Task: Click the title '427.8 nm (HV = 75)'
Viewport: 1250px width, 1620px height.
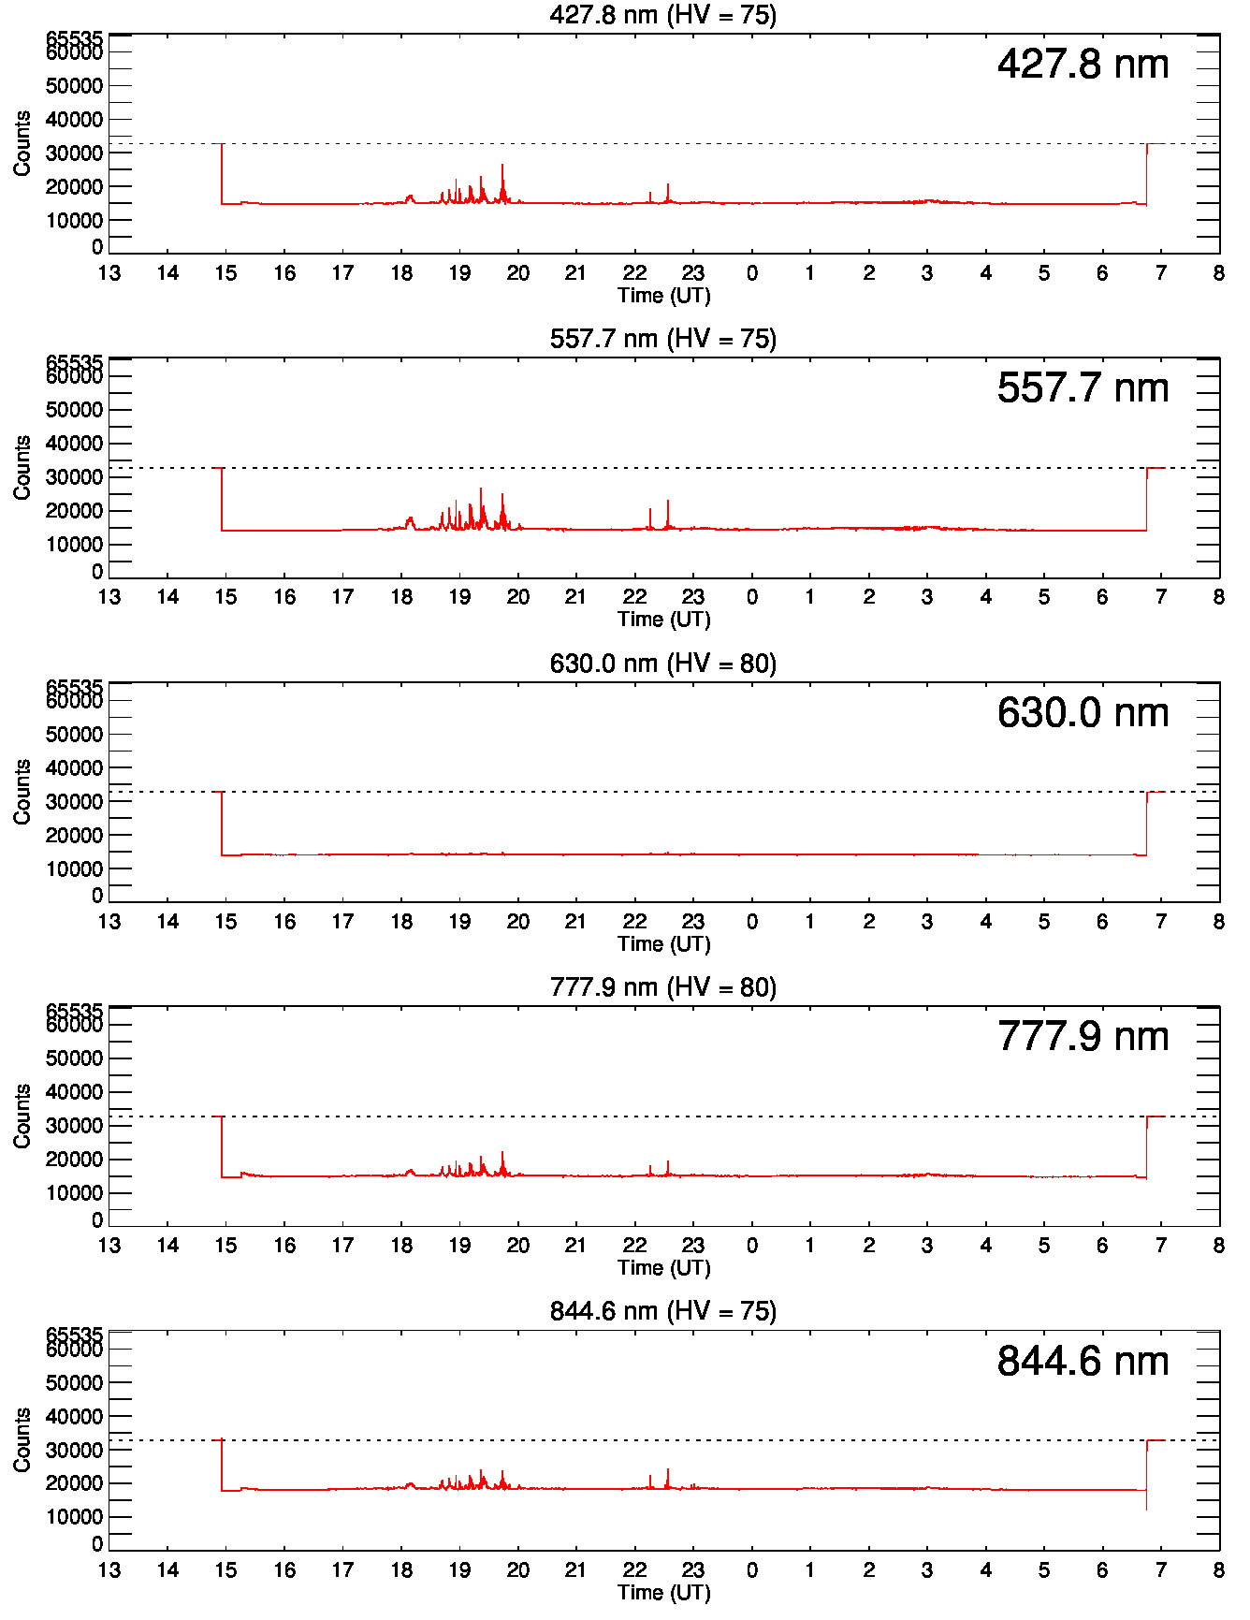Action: (662, 15)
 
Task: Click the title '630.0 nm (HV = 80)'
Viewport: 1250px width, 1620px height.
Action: (662, 664)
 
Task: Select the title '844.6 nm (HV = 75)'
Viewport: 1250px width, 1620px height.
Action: (662, 1311)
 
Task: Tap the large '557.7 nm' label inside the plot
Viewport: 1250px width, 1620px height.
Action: (1083, 388)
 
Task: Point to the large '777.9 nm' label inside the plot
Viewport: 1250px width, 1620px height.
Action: (1083, 1037)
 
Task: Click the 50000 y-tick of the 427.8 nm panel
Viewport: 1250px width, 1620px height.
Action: (74, 86)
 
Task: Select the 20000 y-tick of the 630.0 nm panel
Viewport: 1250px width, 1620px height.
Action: (74, 836)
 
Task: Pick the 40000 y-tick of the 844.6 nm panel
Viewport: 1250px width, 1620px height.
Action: (74, 1417)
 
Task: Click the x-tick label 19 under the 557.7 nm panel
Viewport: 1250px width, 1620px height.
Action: (459, 597)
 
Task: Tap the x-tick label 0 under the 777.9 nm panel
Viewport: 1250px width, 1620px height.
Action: (751, 1246)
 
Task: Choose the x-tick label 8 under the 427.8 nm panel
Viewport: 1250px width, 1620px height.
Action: (1218, 273)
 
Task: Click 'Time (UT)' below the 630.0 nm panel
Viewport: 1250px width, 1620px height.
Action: (663, 943)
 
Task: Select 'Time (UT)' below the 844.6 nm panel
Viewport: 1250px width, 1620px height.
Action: (663, 1592)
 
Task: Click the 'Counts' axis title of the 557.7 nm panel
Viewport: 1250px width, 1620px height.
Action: (22, 467)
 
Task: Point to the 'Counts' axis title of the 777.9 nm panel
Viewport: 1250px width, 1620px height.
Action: (22, 1116)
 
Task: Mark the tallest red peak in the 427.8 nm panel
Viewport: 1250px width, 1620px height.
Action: (502, 167)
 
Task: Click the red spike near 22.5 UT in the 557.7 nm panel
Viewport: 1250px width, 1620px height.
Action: (668, 503)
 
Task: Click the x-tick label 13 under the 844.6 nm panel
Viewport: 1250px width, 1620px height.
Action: (109, 1569)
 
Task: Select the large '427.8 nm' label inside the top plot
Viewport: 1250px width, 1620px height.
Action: (1083, 65)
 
